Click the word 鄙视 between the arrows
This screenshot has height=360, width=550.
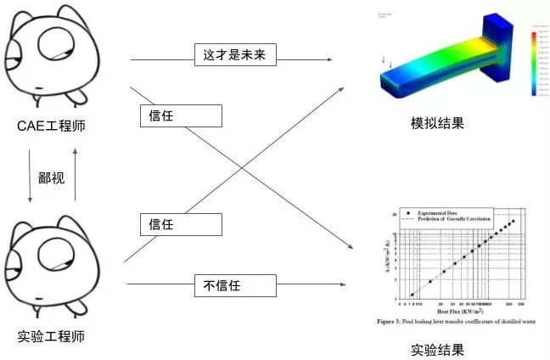tap(52, 177)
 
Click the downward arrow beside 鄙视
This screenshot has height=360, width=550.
tap(31, 177)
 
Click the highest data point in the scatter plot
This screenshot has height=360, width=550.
tap(513, 222)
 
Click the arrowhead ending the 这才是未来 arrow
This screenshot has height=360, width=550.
tap(328, 59)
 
